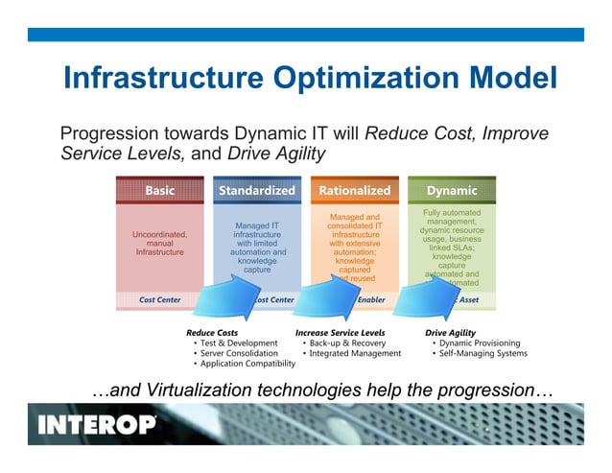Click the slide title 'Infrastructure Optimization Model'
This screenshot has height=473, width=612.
tap(310, 77)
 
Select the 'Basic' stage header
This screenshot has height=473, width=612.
tap(159, 190)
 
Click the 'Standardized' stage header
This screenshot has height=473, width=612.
tap(256, 190)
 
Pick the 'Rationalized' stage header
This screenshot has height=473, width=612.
tap(354, 190)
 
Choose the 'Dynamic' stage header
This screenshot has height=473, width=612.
tap(452, 190)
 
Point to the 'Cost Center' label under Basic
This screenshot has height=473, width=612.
tap(159, 299)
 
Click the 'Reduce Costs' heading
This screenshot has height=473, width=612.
tap(212, 332)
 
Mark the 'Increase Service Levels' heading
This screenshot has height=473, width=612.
tap(340, 332)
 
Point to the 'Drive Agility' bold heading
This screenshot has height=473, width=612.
tap(450, 332)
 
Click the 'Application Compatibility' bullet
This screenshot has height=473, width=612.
tap(247, 364)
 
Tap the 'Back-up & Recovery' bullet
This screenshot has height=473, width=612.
tap(347, 343)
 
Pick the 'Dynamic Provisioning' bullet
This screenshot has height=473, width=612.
tap(480, 343)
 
